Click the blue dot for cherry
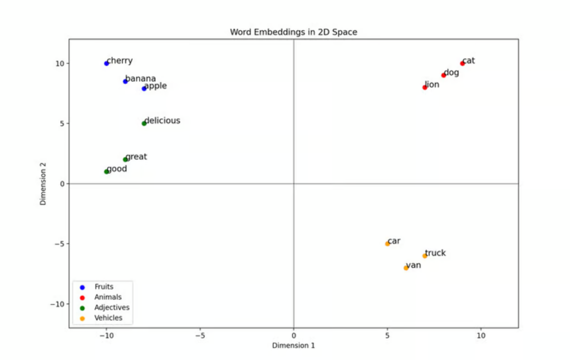coord(106,63)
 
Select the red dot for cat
coord(462,63)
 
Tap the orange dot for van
coord(406,268)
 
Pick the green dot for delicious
coord(144,124)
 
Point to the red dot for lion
coord(425,87)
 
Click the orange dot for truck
coord(425,256)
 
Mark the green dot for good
coord(106,171)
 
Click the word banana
coord(140,78)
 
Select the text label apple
coord(155,86)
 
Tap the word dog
coord(451,72)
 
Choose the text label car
coord(394,241)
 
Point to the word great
coord(136,157)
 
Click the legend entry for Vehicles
coord(108,318)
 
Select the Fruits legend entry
coord(104,287)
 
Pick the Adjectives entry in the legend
coord(112,307)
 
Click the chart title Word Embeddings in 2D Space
coord(293,32)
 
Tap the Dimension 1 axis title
coord(293,346)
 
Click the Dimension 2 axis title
coord(43,184)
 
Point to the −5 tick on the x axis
coord(199,336)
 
